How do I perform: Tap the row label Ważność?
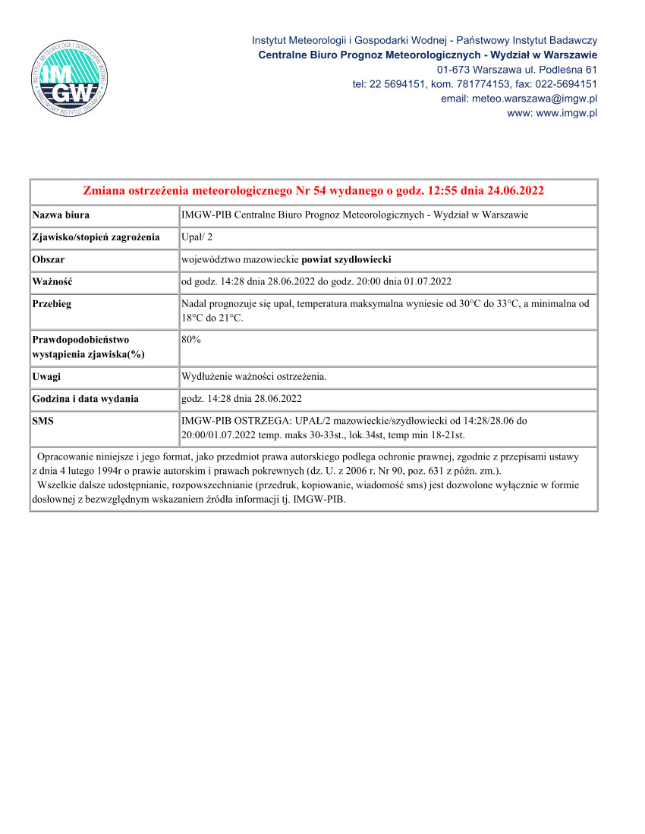[x=52, y=281]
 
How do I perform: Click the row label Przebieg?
[x=52, y=303]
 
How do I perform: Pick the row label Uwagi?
[x=46, y=376]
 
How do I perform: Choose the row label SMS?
[x=43, y=420]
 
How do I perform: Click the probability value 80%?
[x=191, y=340]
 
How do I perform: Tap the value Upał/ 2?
[x=197, y=237]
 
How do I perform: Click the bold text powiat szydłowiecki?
[x=346, y=259]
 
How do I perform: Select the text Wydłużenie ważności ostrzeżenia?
[x=254, y=376]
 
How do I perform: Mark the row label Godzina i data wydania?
[x=85, y=398]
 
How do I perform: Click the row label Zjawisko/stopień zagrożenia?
[x=96, y=237]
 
